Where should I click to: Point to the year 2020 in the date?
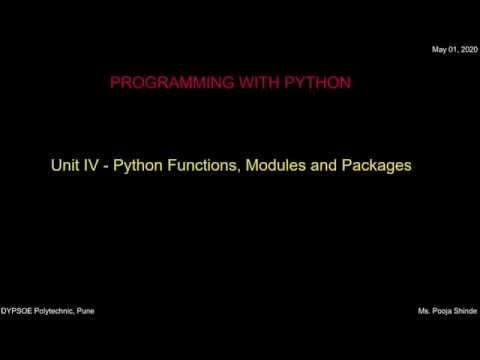point(468,50)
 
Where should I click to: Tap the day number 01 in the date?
point(452,50)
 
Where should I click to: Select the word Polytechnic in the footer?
point(57,311)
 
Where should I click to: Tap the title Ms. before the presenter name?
point(424,311)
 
